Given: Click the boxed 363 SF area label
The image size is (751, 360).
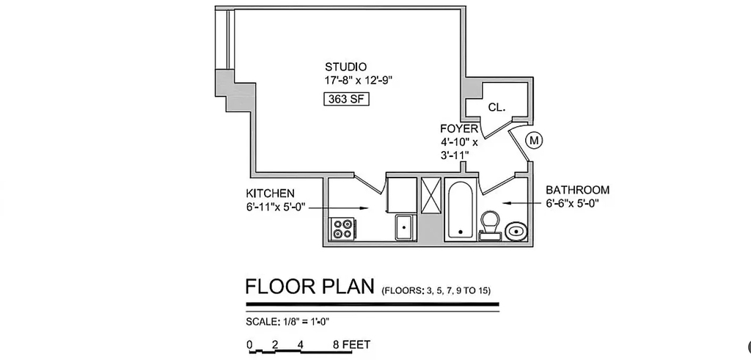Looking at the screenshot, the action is pos(346,99).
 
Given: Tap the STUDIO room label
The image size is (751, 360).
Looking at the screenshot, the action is pos(346,67).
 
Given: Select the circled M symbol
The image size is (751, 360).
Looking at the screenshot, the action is pos(535,140).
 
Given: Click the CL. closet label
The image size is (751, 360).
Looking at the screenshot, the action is pos(497,108).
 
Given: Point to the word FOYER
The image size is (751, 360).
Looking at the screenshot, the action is pos(459,128).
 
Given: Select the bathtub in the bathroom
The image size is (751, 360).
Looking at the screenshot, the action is pos(461,210).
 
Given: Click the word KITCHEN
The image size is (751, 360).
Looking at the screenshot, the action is pos(270,194).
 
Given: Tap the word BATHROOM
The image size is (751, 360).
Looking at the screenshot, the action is pos(578,190).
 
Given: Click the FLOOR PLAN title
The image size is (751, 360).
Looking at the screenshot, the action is pos(309,286).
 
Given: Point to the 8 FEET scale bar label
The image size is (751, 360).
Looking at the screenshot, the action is pos(351,345).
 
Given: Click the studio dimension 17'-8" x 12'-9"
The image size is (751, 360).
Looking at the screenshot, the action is pos(359,81).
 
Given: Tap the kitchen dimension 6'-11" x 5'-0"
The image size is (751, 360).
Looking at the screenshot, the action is pos(276,207).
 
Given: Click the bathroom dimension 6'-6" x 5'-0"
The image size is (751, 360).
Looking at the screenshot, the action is pos(572,203).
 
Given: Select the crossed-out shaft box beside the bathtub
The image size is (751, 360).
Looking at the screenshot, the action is pos(430,195).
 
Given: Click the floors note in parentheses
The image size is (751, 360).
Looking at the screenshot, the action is pos(436,291).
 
